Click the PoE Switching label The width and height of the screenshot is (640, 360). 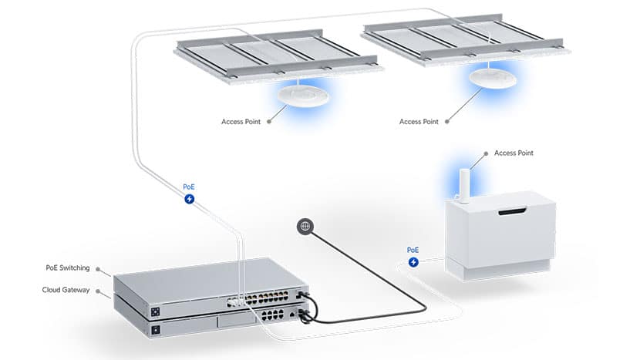pos(68,268)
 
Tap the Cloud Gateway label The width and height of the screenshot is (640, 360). pos(66,290)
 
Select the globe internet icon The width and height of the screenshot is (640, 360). pos(305,226)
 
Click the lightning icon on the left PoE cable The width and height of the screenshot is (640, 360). pos(190,199)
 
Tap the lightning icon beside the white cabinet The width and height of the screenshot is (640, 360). pos(413,262)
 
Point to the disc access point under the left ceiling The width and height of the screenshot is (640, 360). pos(304,96)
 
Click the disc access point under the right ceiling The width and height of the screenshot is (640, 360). pos(493,79)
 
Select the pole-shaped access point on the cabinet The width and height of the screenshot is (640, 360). pos(464,186)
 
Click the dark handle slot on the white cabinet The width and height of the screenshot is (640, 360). pos(512,212)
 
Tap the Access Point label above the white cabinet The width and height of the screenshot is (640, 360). pos(514,153)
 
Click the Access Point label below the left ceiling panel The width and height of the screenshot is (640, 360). pos(241,122)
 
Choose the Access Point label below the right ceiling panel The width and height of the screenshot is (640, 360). pos(419,122)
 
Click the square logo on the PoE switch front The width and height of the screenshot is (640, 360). pos(155,312)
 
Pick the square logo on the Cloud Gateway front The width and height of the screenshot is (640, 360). pos(155,330)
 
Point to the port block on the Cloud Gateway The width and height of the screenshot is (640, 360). pos(273,315)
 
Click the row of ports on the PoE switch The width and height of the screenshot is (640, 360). pos(258,299)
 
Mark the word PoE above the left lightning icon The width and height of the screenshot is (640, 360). pos(189,187)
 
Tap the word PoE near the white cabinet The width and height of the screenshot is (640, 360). pos(413,250)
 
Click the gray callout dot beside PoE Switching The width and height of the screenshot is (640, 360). pos(98,269)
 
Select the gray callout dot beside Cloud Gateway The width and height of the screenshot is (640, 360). pos(98,291)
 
